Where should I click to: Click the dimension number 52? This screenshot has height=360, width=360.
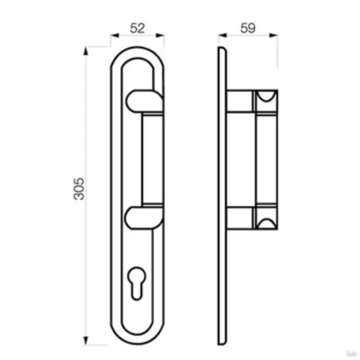(138, 28)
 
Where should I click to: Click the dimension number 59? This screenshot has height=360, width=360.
(248, 28)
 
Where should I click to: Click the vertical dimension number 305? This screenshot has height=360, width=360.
(79, 189)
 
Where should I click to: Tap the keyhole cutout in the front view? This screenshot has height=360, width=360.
(137, 283)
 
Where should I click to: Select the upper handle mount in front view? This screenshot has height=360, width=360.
(145, 101)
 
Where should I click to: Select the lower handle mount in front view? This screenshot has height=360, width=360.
(144, 217)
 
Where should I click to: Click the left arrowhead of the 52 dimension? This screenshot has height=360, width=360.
(114, 35)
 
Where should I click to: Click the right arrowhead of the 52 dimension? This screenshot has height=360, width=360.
(160, 35)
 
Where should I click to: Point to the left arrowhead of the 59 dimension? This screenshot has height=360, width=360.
(222, 35)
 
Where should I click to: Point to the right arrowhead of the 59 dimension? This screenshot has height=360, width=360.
(274, 35)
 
